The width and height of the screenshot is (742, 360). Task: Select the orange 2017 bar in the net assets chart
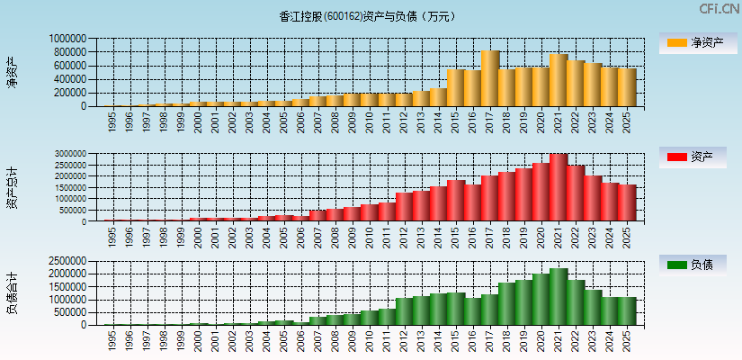490,78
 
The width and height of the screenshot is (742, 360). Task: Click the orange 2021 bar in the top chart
559,80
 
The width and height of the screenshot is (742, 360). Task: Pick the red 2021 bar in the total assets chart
559,187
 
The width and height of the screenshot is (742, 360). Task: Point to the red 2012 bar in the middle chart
404,207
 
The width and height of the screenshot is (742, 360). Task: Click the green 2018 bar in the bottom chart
507,304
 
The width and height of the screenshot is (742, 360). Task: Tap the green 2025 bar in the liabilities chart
627,311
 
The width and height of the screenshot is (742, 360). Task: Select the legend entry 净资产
693,42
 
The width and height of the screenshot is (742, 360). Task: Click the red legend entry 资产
693,157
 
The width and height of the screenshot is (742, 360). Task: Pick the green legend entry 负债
693,265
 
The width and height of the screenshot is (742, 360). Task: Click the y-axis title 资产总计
12,187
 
